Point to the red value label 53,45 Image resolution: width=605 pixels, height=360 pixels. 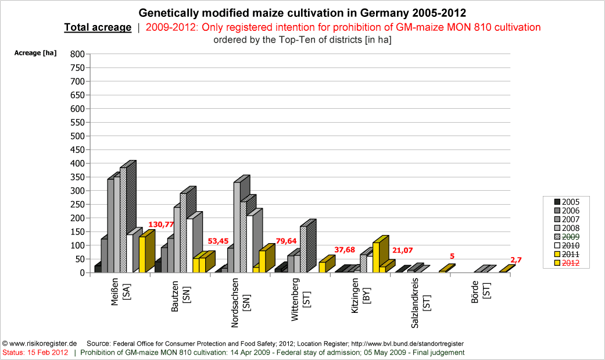click(x=220, y=241)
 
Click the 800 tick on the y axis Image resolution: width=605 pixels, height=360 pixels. click(x=78, y=54)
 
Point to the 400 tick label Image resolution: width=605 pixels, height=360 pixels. click(x=78, y=163)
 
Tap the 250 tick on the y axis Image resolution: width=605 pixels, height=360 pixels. click(x=78, y=204)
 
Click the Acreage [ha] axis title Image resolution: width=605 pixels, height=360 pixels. click(x=35, y=53)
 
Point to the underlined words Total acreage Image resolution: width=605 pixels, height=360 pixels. click(x=98, y=27)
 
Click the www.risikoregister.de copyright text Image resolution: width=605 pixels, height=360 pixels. click(x=40, y=344)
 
